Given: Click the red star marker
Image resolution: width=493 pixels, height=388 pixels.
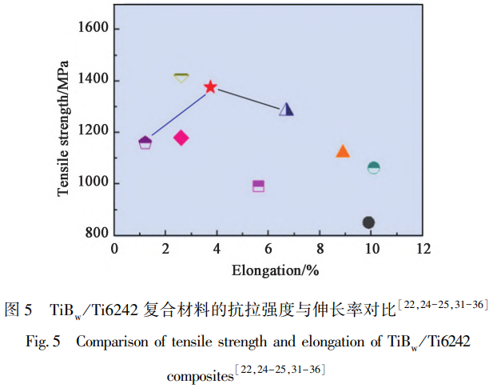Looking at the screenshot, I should point(211,86).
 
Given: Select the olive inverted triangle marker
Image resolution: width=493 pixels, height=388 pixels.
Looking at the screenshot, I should point(181,78).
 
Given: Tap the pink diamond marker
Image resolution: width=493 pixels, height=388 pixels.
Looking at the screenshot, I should point(181,138).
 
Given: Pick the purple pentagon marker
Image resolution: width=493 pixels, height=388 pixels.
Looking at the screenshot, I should point(145,142).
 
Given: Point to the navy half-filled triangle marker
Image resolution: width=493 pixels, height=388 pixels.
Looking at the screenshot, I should point(287,109).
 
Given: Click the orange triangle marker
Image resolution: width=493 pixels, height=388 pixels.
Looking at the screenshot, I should point(343,151).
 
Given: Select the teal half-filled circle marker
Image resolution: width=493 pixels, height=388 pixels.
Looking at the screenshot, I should point(373,167).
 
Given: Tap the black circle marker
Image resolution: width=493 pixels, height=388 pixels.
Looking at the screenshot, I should point(368,222).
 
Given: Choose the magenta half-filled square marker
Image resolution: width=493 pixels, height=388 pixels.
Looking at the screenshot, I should point(258,186).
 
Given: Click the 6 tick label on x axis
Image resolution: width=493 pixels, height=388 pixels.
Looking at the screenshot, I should point(268,249).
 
